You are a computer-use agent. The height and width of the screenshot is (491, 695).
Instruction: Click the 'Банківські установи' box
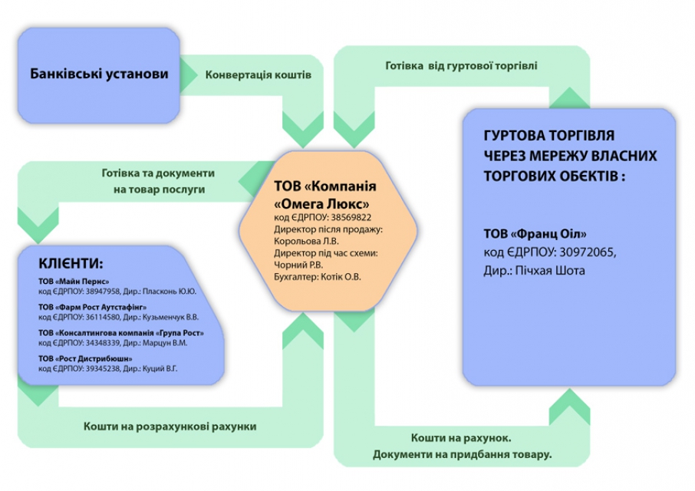(99, 74)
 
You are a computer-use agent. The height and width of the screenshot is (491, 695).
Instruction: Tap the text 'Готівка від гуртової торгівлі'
(461, 66)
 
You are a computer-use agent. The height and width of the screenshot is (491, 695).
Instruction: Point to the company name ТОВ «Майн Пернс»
(74, 282)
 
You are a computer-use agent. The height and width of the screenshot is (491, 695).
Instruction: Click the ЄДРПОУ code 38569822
(346, 218)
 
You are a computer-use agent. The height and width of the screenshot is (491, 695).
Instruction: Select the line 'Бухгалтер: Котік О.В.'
(317, 275)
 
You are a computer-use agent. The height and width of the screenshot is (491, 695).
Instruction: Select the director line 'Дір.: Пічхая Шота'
(533, 271)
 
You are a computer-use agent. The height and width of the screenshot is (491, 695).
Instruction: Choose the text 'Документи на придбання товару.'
(462, 455)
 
